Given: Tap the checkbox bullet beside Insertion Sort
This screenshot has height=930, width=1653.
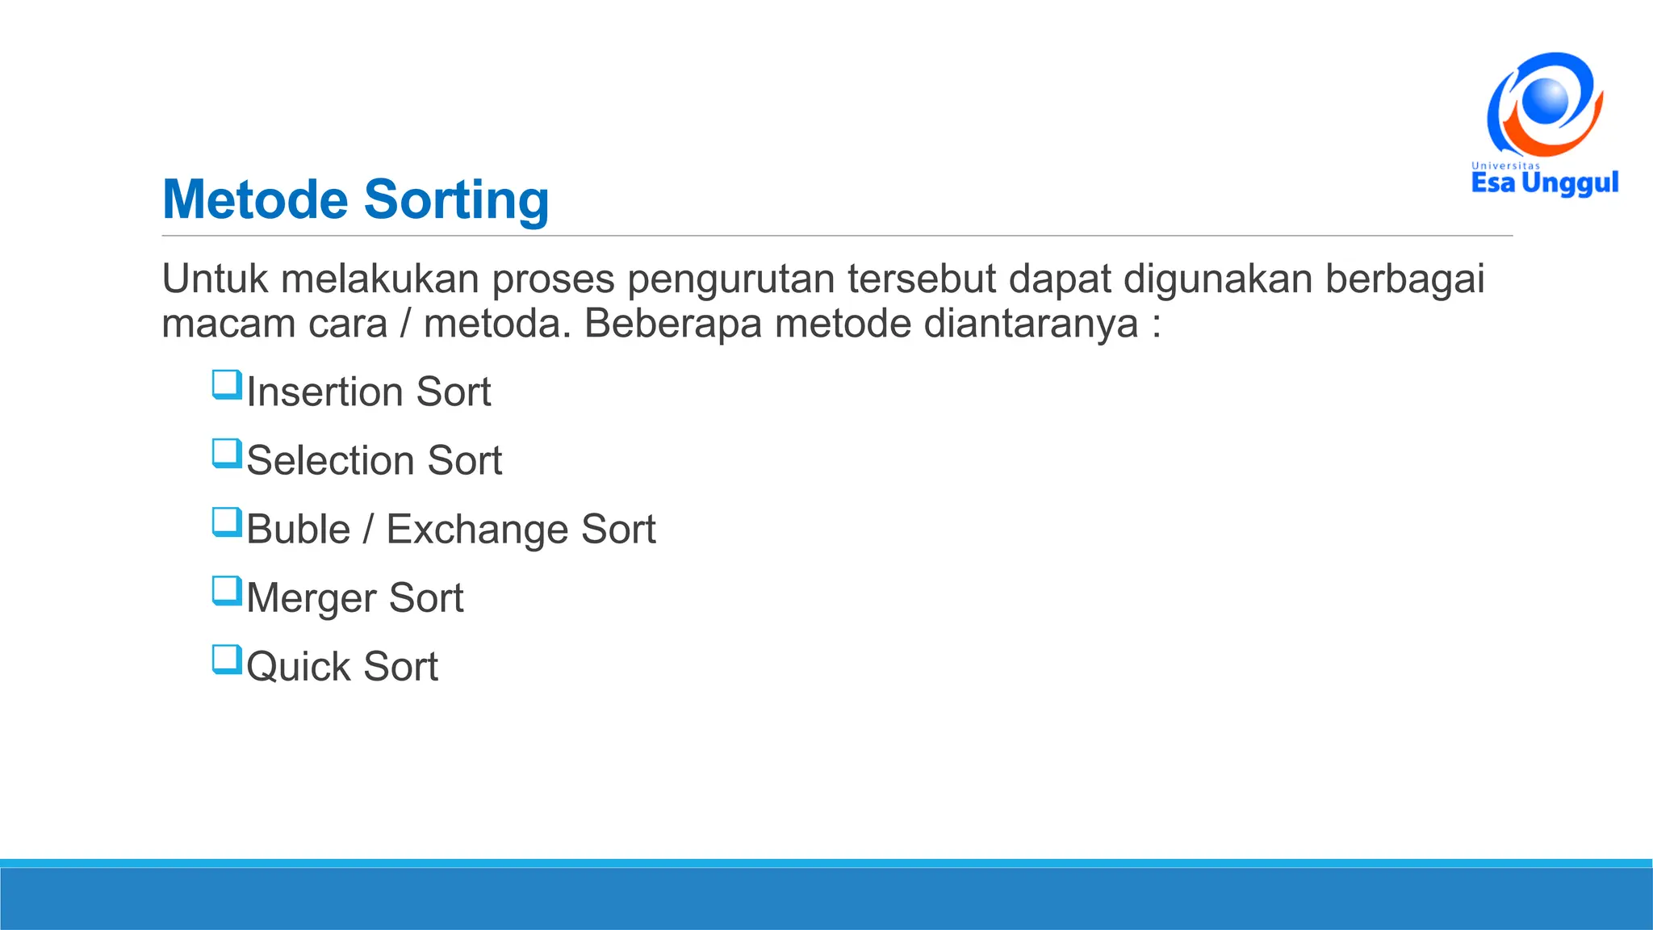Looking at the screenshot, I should click(x=227, y=384).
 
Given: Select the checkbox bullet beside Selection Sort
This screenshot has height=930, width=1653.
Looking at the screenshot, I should click(x=227, y=453).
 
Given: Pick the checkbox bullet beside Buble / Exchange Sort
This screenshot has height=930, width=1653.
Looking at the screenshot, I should click(x=227, y=522).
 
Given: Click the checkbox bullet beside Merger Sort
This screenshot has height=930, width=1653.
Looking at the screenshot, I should click(x=227, y=590).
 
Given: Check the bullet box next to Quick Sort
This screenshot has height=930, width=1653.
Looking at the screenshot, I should click(x=227, y=659).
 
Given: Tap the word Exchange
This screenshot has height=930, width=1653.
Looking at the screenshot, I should click(x=477, y=530).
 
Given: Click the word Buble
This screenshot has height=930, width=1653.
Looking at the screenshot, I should click(x=298, y=530).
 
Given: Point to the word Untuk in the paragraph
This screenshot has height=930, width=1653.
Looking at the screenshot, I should click(x=215, y=279).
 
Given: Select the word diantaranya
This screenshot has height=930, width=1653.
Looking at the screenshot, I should click(x=1031, y=324).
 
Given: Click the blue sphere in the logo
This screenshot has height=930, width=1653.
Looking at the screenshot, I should click(x=1545, y=101).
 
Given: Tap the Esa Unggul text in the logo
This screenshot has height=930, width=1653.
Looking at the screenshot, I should click(x=1544, y=183).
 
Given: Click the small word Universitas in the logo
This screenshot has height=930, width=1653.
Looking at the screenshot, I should click(x=1505, y=165).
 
